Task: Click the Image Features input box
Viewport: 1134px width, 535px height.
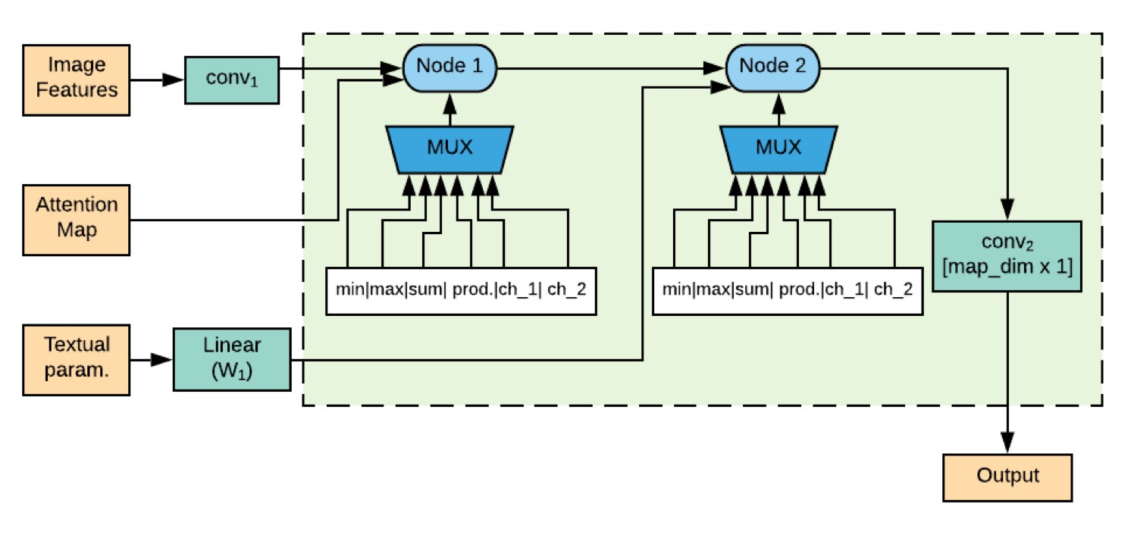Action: (76, 80)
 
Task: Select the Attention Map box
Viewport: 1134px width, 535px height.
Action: (76, 219)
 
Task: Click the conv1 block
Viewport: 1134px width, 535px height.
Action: (232, 80)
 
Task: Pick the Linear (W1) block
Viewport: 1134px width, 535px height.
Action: (232, 358)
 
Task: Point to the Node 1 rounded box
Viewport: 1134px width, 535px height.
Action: (451, 66)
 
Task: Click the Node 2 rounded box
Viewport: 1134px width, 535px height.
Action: (772, 66)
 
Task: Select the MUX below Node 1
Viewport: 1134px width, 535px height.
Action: (450, 148)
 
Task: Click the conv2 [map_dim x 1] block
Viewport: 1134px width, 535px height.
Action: (1006, 256)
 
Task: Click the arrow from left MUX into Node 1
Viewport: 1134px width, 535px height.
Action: (451, 106)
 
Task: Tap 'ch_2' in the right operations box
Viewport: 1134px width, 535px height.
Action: (893, 291)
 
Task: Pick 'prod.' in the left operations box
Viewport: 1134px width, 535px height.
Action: (471, 291)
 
